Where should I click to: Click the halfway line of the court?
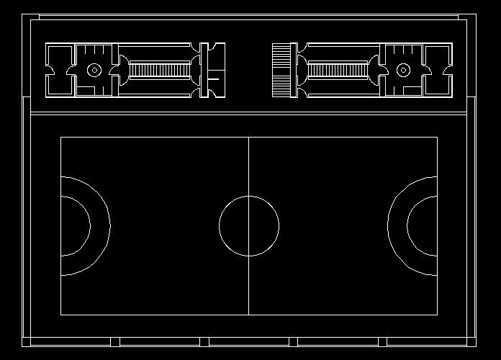[248, 288]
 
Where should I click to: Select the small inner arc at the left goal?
[89, 225]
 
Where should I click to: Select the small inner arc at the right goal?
[408, 225]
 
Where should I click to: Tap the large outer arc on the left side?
[109, 225]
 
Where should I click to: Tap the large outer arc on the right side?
[388, 225]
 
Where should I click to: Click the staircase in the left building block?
[159, 70]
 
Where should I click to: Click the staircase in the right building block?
[338, 70]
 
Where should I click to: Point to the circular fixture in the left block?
[94, 70]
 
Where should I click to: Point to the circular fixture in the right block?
[403, 70]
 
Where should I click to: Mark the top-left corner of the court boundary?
[60, 137]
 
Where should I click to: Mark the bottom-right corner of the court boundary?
[437, 315]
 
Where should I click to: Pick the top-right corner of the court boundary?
[437, 137]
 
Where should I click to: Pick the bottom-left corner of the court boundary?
[60, 315]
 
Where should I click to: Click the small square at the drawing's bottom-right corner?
[472, 341]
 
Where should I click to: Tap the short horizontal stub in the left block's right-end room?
[213, 78]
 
